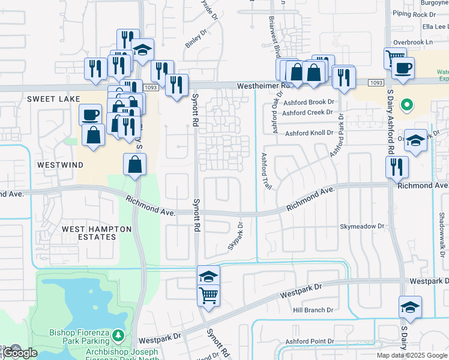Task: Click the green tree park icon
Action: (119, 335)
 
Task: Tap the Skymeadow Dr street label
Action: (361, 226)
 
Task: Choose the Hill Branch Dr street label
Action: (313, 310)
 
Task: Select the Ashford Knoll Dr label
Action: (309, 133)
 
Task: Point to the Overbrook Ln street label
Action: (412, 42)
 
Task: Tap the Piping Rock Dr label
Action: (414, 13)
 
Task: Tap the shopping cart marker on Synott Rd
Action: (208, 295)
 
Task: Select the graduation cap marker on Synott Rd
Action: (208, 275)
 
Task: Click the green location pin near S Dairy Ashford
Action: (406, 106)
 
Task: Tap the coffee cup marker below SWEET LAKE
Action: (90, 114)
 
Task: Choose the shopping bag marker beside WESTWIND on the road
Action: (135, 163)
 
